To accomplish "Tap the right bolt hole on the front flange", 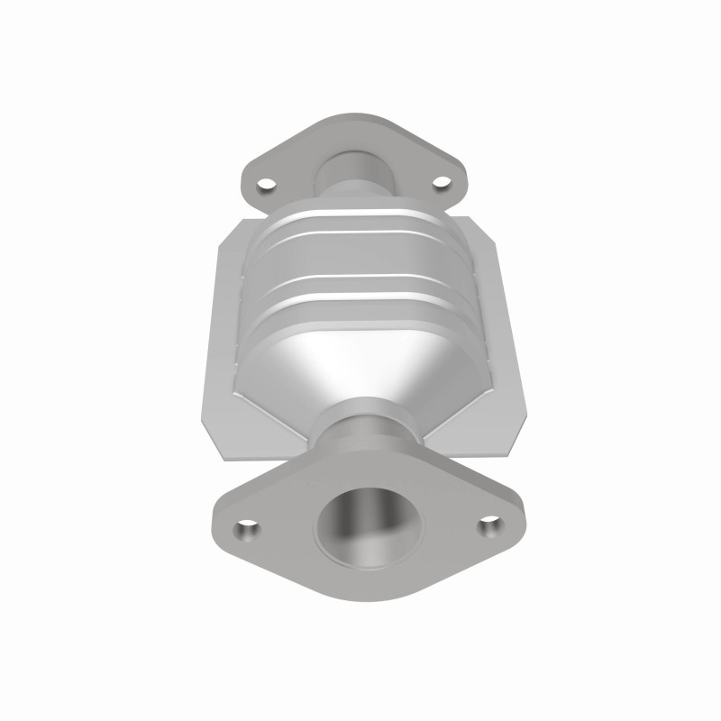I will tap(488, 522).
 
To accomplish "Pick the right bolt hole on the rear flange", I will tap(441, 183).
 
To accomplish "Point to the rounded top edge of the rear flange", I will tap(351, 118).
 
